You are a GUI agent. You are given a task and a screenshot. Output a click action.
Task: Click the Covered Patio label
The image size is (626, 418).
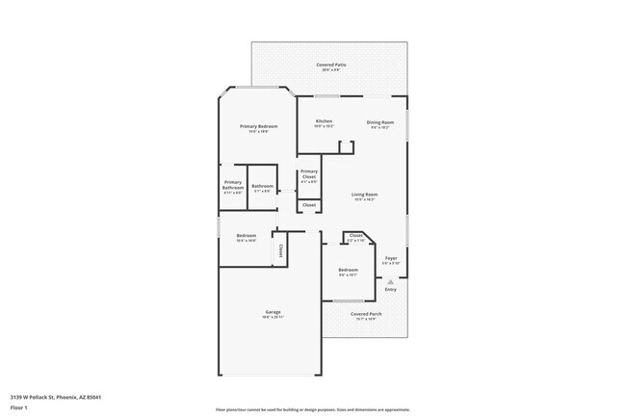331,65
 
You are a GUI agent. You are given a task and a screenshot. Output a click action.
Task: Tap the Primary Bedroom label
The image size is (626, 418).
260,127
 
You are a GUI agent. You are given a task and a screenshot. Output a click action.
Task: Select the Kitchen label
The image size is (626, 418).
324,121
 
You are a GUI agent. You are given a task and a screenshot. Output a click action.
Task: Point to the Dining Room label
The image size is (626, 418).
380,122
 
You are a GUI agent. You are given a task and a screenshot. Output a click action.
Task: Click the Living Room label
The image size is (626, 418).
364,195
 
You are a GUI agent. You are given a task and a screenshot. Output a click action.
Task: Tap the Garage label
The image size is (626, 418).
274,312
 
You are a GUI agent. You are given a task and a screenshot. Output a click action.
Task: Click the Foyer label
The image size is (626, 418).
391,258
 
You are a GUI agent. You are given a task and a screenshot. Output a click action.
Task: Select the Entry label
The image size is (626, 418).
390,289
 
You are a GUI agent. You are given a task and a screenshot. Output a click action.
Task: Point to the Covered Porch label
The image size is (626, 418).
365,314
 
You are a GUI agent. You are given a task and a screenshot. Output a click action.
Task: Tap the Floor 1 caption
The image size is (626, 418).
20,408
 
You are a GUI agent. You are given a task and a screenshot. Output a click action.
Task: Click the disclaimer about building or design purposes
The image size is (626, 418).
312,409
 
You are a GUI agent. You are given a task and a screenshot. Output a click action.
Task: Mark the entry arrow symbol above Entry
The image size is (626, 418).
390,281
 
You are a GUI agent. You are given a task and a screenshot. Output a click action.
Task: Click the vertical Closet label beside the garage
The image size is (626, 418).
280,250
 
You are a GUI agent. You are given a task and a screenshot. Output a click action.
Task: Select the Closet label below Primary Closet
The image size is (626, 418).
309,205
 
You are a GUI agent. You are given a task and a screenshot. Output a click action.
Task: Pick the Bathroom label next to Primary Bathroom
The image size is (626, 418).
263,186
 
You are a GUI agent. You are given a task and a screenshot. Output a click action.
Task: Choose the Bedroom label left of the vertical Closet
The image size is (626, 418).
247,236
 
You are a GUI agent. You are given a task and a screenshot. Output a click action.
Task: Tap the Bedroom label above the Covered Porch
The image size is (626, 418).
348,271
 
